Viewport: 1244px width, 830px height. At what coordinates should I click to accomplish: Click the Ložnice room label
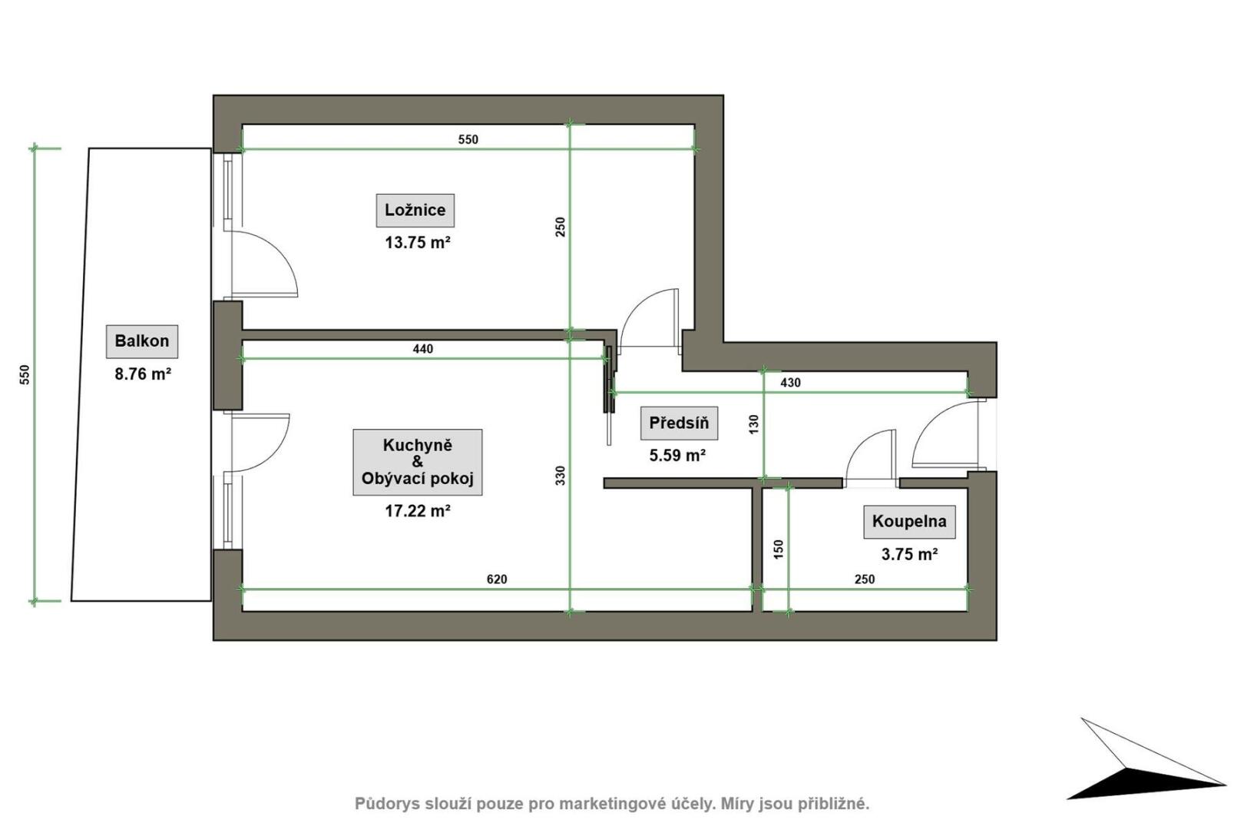(415, 210)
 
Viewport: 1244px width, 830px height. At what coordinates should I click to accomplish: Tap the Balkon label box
(142, 341)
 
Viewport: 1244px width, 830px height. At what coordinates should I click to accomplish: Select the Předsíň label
(679, 423)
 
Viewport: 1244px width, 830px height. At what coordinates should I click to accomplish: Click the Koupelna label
(909, 522)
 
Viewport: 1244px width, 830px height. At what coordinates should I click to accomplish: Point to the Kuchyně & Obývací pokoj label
(418, 462)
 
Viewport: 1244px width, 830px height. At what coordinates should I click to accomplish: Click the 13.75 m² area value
(418, 243)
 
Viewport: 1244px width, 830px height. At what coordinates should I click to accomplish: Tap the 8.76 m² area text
(143, 374)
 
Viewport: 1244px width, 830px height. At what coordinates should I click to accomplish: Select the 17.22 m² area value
(418, 511)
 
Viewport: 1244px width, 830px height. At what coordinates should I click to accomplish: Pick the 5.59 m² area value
(677, 456)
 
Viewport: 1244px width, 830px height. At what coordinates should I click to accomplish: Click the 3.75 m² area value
(910, 554)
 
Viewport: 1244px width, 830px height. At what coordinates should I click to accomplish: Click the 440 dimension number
(422, 349)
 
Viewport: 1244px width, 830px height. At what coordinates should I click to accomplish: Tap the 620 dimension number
(497, 579)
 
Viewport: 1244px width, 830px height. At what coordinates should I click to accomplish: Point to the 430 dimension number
(791, 383)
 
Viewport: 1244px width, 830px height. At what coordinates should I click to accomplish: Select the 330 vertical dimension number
(561, 475)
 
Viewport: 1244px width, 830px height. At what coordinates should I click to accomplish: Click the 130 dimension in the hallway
(753, 425)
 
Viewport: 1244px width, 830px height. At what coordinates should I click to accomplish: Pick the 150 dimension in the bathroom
(778, 549)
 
